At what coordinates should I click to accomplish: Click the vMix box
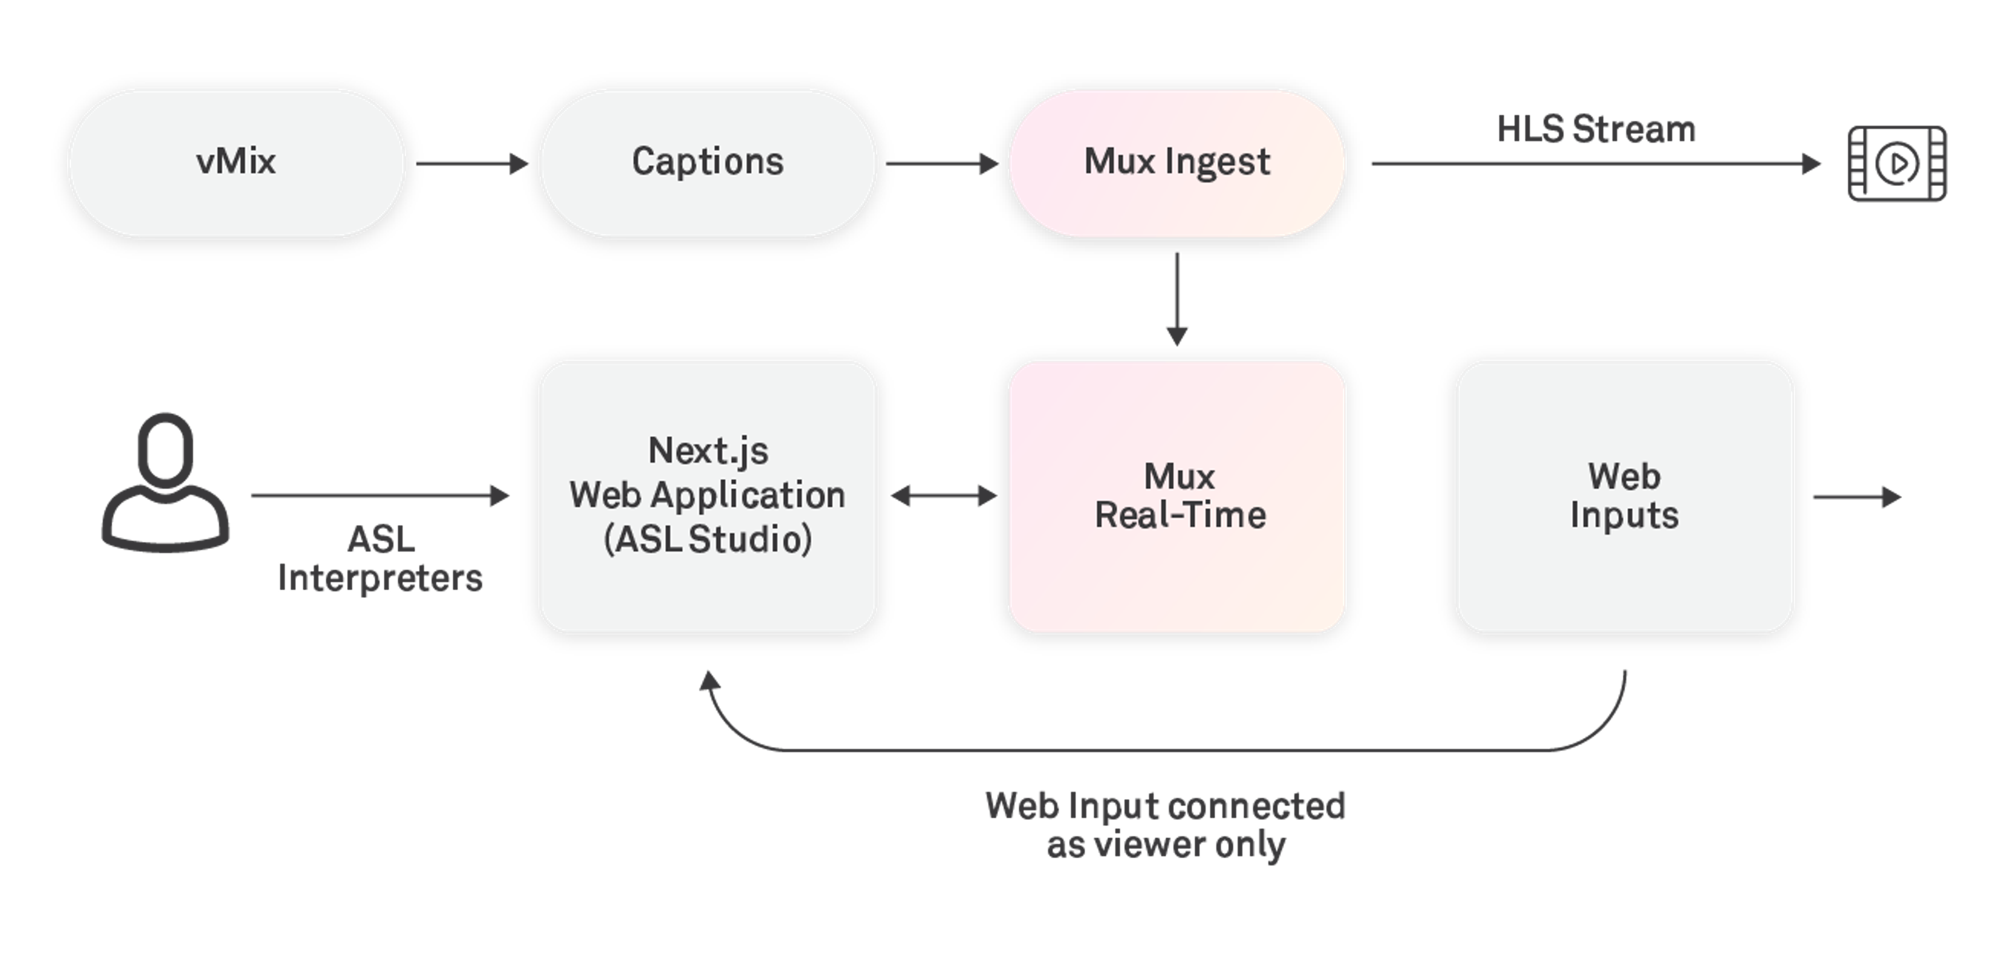pyautogui.click(x=236, y=163)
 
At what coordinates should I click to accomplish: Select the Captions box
pyautogui.click(x=708, y=163)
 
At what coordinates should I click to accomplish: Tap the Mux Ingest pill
pyautogui.click(x=1177, y=163)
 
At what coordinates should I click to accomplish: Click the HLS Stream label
pyautogui.click(x=1596, y=129)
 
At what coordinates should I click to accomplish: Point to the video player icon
pyautogui.click(x=1897, y=163)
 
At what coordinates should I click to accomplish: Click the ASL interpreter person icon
pyautogui.click(x=165, y=481)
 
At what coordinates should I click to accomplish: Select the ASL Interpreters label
pyautogui.click(x=380, y=558)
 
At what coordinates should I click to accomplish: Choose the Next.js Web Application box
pyautogui.click(x=708, y=497)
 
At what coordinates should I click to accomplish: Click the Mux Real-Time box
pyautogui.click(x=1177, y=497)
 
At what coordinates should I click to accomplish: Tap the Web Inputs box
pyautogui.click(x=1625, y=497)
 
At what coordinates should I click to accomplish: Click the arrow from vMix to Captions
pyautogui.click(x=472, y=163)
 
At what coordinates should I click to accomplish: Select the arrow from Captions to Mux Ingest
pyautogui.click(x=942, y=163)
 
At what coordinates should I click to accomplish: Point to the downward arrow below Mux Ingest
pyautogui.click(x=1177, y=299)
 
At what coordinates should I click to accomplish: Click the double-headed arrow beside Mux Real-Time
pyautogui.click(x=944, y=496)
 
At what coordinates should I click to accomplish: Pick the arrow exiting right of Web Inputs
pyautogui.click(x=1857, y=497)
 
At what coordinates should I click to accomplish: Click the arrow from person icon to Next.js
pyautogui.click(x=380, y=496)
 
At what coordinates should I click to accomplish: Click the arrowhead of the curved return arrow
pyautogui.click(x=709, y=681)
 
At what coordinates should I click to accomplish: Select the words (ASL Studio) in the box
pyautogui.click(x=708, y=539)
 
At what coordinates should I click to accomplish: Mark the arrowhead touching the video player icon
pyautogui.click(x=1811, y=163)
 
